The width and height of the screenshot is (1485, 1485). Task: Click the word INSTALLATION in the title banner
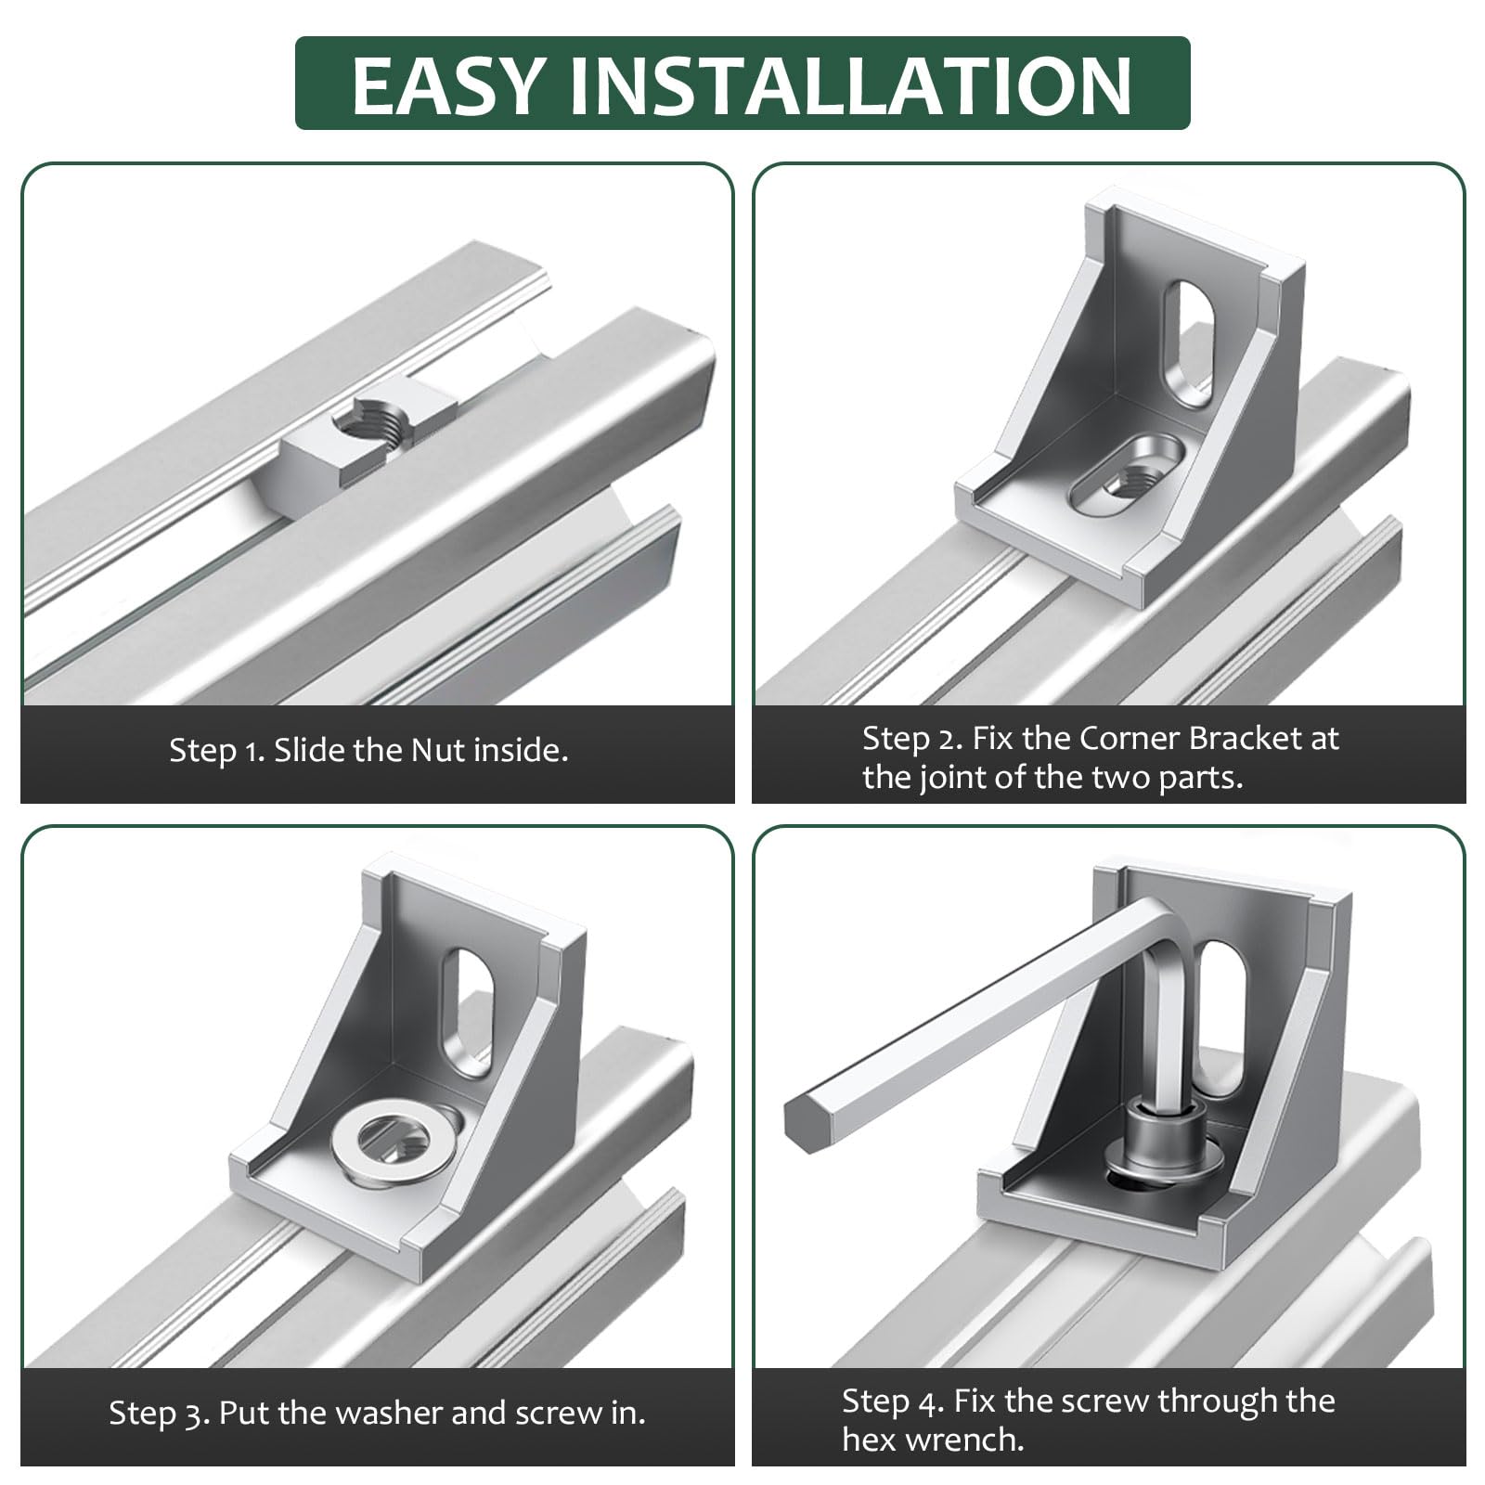pos(850,84)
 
